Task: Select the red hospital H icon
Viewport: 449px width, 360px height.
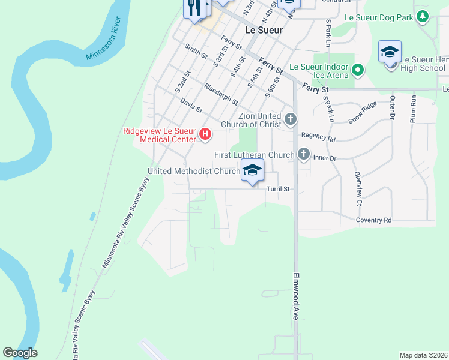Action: pyautogui.click(x=205, y=133)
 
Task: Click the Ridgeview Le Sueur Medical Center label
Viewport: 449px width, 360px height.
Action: pyautogui.click(x=159, y=136)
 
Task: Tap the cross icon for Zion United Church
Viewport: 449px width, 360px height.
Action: pyautogui.click(x=291, y=119)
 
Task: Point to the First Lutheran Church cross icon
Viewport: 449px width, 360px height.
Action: pyautogui.click(x=304, y=154)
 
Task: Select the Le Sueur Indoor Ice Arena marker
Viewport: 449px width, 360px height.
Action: pyautogui.click(x=358, y=71)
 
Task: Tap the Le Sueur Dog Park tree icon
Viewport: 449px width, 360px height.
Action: pyautogui.click(x=423, y=17)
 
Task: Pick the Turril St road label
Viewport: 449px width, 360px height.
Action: pyautogui.click(x=278, y=189)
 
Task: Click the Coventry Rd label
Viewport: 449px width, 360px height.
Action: pyautogui.click(x=373, y=220)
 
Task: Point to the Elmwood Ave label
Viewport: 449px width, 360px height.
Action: pyautogui.click(x=296, y=304)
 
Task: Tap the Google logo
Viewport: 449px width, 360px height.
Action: pyautogui.click(x=20, y=353)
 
